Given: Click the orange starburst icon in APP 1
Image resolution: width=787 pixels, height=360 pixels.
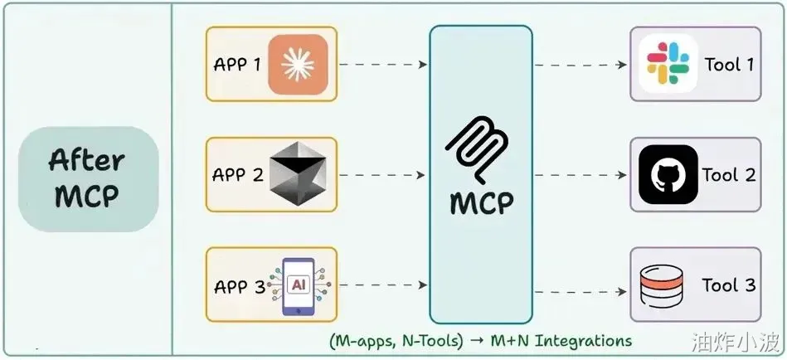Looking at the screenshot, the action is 298,64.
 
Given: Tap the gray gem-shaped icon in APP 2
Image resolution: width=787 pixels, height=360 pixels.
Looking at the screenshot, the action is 299,173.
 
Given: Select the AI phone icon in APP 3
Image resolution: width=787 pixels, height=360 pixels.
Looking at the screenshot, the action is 299,286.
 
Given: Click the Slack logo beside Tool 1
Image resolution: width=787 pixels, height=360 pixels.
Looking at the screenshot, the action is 668,64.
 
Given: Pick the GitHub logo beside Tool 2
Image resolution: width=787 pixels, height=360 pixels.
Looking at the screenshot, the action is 668,175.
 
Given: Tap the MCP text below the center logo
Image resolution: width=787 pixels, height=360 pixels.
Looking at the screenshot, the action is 481,203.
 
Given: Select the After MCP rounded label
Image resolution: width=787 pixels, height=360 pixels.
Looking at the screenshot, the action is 89,178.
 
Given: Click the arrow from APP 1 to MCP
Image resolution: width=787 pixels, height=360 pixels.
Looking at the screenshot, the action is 383,64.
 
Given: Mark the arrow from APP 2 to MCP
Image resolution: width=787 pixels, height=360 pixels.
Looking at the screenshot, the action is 383,175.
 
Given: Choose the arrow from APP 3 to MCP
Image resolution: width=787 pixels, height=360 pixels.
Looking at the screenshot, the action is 383,285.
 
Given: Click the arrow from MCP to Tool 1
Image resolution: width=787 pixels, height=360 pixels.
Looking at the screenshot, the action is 581,65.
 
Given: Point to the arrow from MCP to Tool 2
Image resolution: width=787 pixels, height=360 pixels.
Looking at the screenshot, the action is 581,175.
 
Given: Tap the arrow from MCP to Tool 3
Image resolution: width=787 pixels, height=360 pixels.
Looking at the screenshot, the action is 581,292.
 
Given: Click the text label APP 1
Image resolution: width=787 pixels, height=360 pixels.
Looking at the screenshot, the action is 237,65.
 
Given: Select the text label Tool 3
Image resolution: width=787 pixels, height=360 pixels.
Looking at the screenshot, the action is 729,285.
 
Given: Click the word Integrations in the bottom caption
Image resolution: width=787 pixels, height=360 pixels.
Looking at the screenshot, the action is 583,341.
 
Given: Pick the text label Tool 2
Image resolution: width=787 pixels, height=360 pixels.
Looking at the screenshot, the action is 729,175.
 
